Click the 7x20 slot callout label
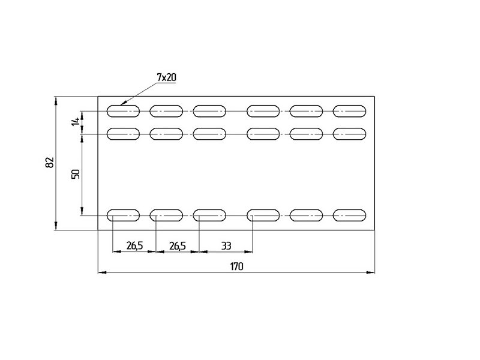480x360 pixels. tap(167, 77)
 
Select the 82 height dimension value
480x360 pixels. tap(50, 162)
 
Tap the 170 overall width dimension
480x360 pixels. tap(236, 266)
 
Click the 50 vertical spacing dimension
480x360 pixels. tap(76, 174)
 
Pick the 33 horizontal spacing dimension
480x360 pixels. tap(226, 246)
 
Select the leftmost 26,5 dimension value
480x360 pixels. tap(134, 246)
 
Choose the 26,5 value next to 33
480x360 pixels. tap(178, 246)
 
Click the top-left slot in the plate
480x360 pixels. tap(123, 111)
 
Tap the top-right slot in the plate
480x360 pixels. tap(349, 111)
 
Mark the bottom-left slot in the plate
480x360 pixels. tap(123, 215)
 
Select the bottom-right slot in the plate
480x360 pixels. tap(349, 215)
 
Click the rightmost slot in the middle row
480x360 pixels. tap(349, 134)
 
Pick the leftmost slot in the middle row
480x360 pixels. tap(123, 134)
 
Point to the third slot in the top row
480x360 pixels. tap(209, 111)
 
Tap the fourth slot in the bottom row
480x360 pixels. tap(263, 215)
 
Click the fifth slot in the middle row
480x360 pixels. tap(306, 134)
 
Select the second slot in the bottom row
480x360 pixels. tap(166, 215)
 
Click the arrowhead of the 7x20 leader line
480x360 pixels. tap(122, 104)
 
